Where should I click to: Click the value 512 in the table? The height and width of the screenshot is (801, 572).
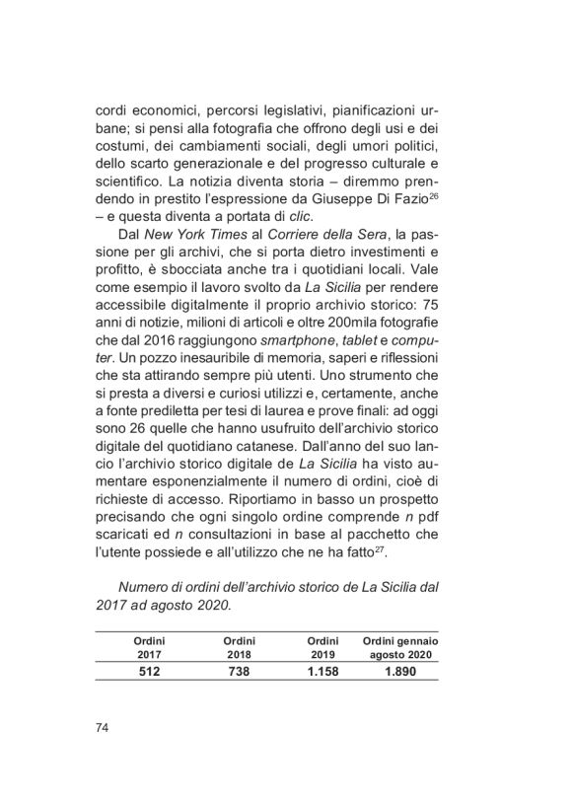click(x=148, y=672)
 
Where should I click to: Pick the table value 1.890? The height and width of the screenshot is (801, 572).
click(x=399, y=672)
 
